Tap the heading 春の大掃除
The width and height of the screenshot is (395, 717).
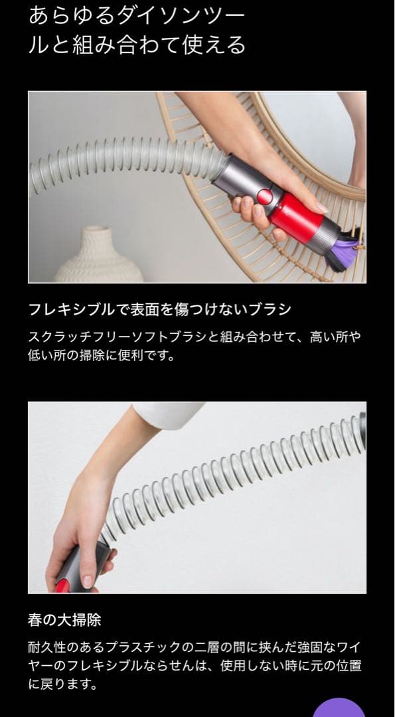64,620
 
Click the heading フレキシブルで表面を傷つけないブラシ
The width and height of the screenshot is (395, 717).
160,309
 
